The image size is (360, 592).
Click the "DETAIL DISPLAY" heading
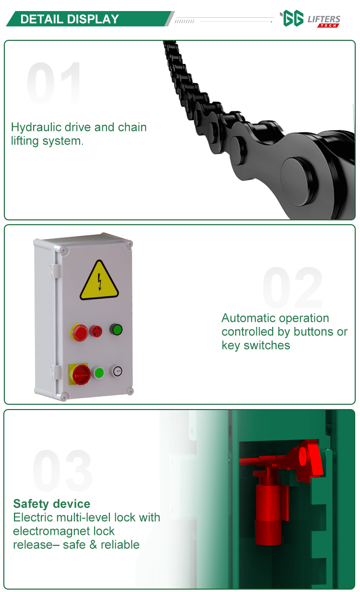coord(70,19)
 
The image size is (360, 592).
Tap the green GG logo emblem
coord(292,18)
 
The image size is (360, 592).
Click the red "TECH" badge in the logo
coord(328,25)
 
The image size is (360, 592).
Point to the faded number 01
coord(54,83)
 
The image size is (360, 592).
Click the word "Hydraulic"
coord(36,127)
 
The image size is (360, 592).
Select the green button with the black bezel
coord(116,329)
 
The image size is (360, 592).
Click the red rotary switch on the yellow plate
coord(81,375)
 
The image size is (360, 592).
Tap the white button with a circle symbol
coord(117,371)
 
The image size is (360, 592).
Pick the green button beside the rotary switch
coord(98,373)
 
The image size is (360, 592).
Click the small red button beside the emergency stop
coord(96,331)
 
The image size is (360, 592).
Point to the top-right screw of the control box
coord(130,244)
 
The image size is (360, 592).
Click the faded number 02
coord(292,288)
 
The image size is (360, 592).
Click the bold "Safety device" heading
coord(52,504)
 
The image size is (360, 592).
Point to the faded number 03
coord(62,471)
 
